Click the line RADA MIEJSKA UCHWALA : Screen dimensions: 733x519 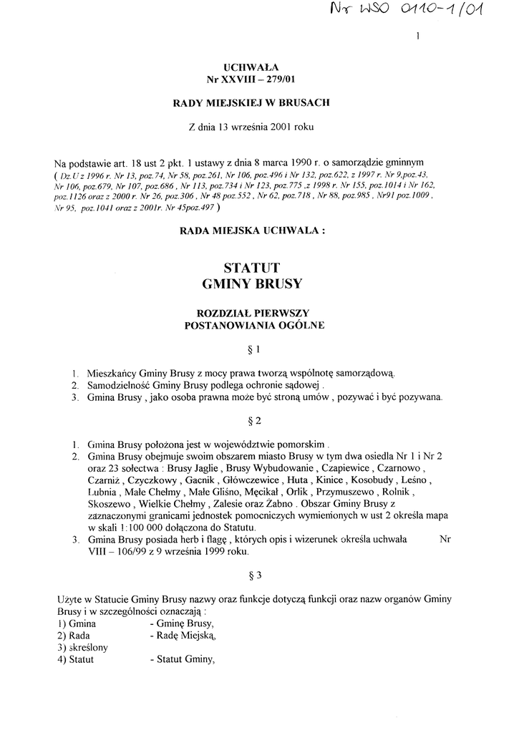click(x=254, y=231)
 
